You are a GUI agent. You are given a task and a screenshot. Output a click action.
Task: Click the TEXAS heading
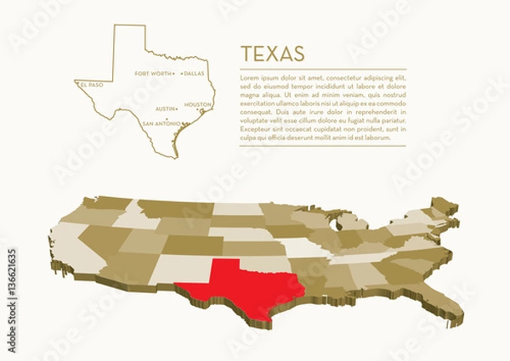[273, 54]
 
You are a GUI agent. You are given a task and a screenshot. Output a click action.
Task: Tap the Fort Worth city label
[153, 74]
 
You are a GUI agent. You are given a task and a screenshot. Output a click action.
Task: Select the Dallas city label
[195, 74]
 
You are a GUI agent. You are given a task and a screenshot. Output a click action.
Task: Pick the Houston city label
[197, 104]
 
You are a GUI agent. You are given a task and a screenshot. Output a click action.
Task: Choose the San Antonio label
[161, 123]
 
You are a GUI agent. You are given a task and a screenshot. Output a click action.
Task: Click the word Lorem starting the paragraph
[250, 78]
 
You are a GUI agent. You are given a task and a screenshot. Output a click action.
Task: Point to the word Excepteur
[257, 128]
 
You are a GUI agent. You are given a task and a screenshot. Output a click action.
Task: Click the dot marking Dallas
[181, 74]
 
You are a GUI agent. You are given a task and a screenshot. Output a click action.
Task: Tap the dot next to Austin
[179, 110]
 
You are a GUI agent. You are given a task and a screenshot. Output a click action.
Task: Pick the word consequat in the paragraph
[258, 112]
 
